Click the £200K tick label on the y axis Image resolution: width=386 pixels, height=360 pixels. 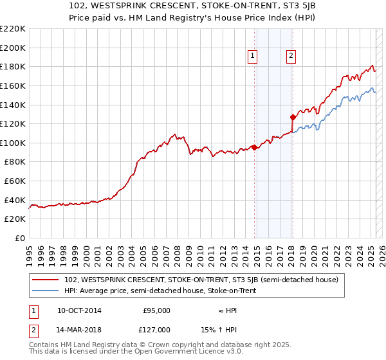tap(13, 48)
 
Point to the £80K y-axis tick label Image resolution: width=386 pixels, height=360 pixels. tap(15, 162)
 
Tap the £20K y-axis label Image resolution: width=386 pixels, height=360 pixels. tap(15, 219)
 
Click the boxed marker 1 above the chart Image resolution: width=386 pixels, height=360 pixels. tap(252, 57)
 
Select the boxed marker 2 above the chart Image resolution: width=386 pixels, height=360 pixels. tap(291, 57)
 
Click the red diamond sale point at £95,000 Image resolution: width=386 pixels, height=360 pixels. tap(254, 147)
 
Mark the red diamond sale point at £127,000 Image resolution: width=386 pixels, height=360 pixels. tap(293, 117)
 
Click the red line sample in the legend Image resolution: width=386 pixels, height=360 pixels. tap(46, 280)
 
